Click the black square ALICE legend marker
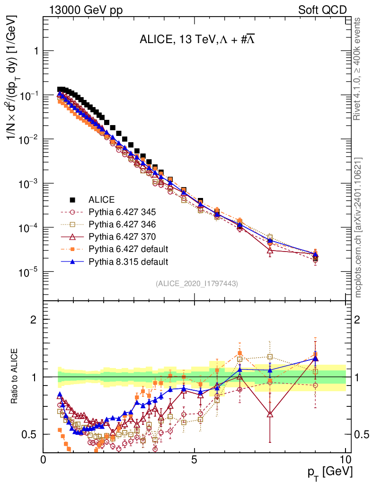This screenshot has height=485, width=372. click(73, 199)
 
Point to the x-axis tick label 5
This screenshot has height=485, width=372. click(194, 459)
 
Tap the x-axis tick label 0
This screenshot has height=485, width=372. click(44, 459)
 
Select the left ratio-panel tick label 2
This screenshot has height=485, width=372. click(34, 319)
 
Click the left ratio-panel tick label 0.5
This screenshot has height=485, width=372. click(29, 434)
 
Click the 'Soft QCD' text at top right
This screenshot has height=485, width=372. click(322, 9)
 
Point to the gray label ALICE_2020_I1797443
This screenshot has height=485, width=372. click(196, 283)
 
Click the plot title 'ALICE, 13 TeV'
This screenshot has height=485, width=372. click(177, 40)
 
